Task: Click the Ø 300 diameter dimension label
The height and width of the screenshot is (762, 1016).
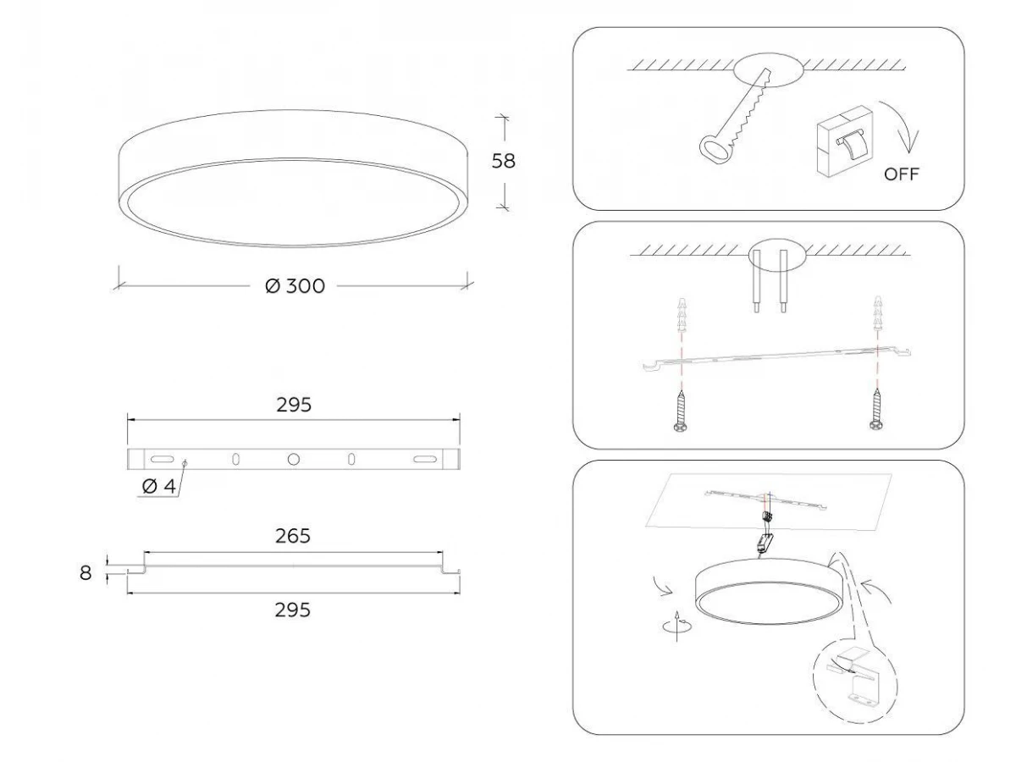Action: (x=295, y=286)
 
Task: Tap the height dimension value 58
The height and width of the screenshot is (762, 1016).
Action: (x=503, y=161)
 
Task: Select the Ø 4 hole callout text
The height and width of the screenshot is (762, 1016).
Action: (x=159, y=486)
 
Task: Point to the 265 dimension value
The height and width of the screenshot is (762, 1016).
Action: (x=293, y=536)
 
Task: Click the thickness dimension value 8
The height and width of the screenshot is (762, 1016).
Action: (x=86, y=573)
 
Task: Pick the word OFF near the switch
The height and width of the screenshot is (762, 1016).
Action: (x=901, y=174)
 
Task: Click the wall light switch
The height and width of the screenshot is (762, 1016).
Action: (x=845, y=141)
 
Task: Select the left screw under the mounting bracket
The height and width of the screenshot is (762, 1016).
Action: (x=681, y=411)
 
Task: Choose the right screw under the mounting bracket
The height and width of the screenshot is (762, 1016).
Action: (x=875, y=410)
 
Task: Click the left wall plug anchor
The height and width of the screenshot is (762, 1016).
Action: (x=681, y=315)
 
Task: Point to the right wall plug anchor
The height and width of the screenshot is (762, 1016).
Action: (x=877, y=313)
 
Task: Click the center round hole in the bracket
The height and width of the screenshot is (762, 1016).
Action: (x=294, y=460)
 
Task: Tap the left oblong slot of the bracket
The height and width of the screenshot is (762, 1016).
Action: (x=163, y=459)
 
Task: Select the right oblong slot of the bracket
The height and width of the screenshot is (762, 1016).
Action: (x=424, y=459)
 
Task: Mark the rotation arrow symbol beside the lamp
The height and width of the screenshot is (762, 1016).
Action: (x=677, y=627)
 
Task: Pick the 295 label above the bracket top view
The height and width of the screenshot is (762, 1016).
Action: (x=294, y=406)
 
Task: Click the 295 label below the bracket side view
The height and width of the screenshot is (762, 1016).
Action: (x=293, y=610)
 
